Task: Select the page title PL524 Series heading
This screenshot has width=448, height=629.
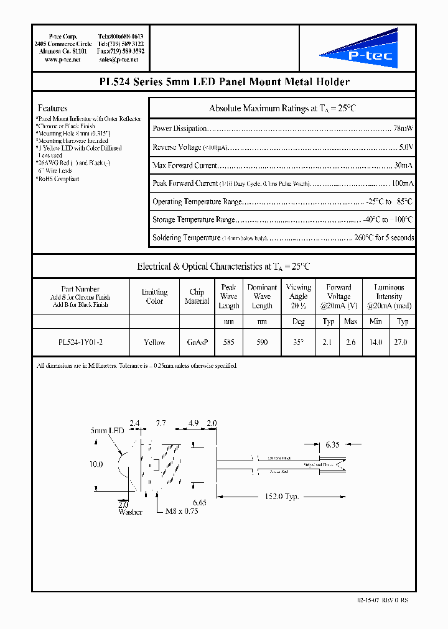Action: pyautogui.click(x=224, y=82)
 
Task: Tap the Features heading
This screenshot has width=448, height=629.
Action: pyautogui.click(x=53, y=108)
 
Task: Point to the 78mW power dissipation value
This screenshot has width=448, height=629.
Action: pyautogui.click(x=403, y=129)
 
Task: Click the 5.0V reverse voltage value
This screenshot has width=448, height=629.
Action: pyautogui.click(x=406, y=147)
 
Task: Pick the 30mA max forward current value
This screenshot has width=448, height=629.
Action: pyautogui.click(x=403, y=165)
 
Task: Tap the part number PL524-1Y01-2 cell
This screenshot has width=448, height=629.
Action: pyautogui.click(x=80, y=342)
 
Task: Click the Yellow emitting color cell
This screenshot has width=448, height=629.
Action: pyautogui.click(x=154, y=342)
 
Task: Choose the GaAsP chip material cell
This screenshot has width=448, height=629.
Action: pyautogui.click(x=197, y=342)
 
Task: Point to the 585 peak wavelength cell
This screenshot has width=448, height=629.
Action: pyautogui.click(x=228, y=342)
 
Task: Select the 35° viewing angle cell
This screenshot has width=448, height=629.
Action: pyautogui.click(x=298, y=342)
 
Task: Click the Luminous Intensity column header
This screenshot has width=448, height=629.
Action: pyautogui.click(x=389, y=296)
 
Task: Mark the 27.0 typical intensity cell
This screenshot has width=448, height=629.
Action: pyautogui.click(x=402, y=342)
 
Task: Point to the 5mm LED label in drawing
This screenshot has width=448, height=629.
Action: pyautogui.click(x=108, y=431)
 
